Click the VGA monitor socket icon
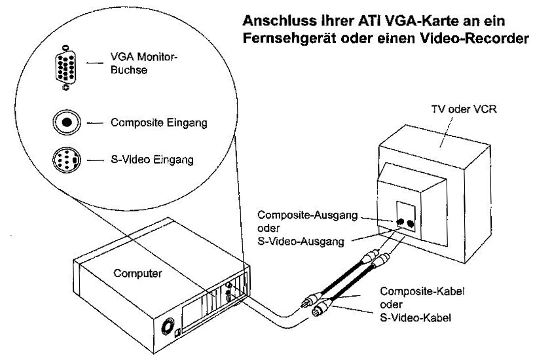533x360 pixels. [65, 67]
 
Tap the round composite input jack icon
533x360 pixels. [67, 122]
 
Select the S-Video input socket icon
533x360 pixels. [67, 160]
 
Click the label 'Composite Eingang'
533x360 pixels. [158, 122]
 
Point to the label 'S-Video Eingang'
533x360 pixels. [152, 160]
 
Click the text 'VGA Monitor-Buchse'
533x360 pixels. [144, 63]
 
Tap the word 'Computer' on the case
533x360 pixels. [138, 274]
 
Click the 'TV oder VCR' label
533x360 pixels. [464, 109]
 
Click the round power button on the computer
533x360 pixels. [167, 327]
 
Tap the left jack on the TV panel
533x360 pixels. [400, 222]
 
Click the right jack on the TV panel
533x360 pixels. [411, 224]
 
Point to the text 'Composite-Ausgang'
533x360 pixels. [308, 215]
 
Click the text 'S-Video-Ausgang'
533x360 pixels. [301, 242]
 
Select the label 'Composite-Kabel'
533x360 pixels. [422, 292]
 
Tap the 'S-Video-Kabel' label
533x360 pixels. [415, 318]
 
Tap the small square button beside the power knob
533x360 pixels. [177, 333]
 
